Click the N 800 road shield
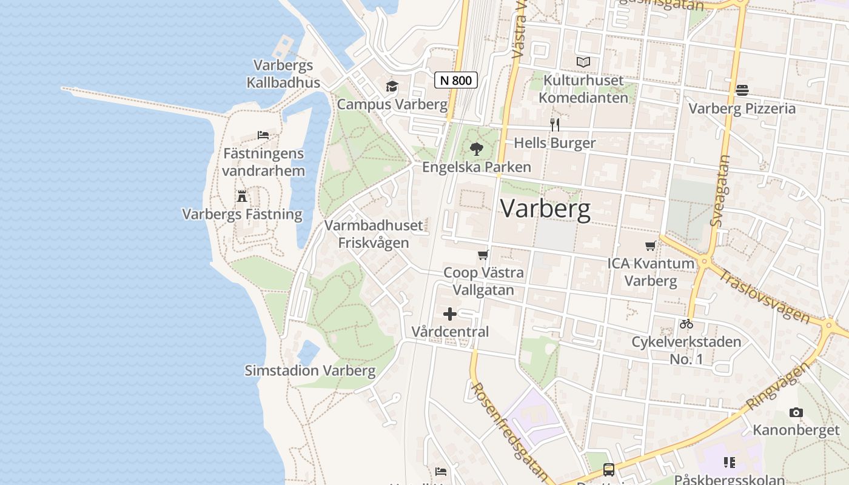(456, 80)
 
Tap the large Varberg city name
(545, 209)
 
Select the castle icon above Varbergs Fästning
(242, 196)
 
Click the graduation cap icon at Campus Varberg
(392, 87)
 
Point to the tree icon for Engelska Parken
(477, 149)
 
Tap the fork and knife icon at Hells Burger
(554, 125)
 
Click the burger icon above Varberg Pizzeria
(742, 90)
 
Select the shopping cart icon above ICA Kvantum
(651, 246)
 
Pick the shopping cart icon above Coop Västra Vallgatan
(483, 255)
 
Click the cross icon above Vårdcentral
(450, 314)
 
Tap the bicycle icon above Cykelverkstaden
(686, 324)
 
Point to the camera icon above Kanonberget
(796, 413)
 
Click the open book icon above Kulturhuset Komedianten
(583, 62)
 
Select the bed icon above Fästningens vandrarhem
(263, 135)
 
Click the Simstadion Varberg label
(310, 370)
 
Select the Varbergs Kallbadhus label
(283, 73)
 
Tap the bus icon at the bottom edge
(608, 470)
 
